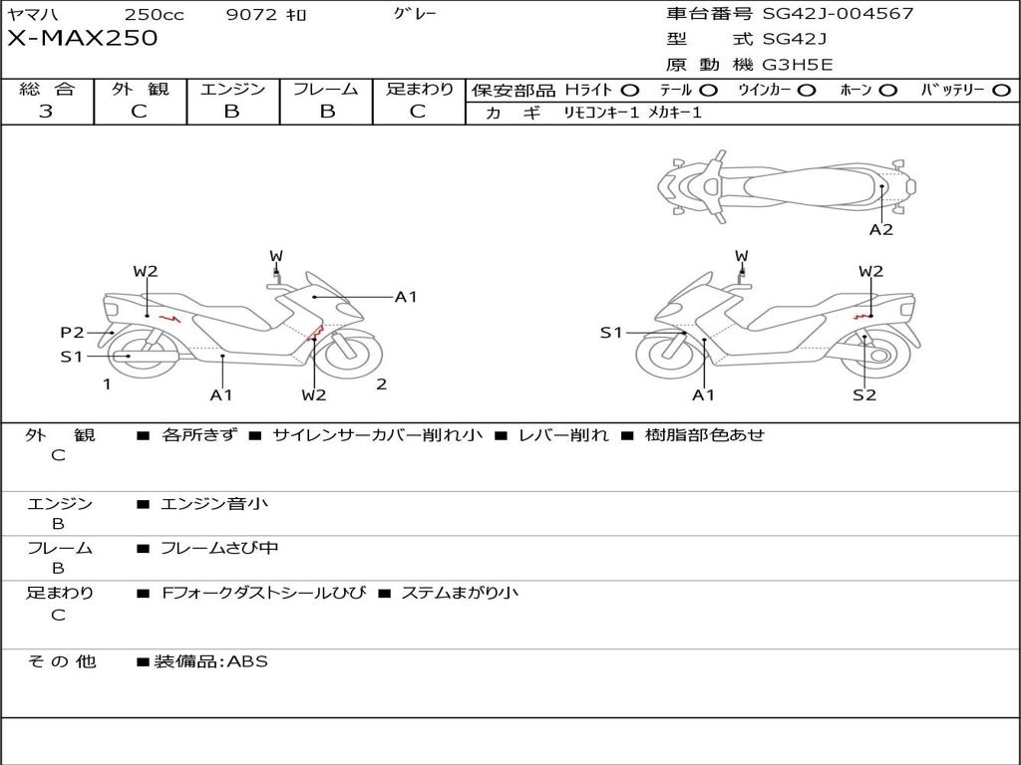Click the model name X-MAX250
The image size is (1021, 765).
coord(83,38)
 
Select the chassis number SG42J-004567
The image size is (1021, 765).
coord(838,13)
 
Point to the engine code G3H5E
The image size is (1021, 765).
coord(798,65)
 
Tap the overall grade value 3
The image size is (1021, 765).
coord(46,111)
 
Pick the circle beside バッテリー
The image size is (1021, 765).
coord(1001,91)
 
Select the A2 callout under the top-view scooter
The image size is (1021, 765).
coord(881,230)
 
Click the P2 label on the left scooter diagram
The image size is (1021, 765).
coord(72,333)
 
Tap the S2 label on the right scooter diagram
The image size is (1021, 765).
coord(864,394)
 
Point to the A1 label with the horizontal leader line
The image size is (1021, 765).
coord(406,297)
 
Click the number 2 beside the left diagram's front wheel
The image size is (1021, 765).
coord(382,383)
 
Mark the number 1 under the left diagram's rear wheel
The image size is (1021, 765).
coord(107,384)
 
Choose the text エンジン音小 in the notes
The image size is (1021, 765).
coord(214,503)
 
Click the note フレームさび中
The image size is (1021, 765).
coord(219,549)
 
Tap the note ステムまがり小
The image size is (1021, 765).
coord(460,593)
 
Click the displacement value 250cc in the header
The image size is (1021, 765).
coord(155,14)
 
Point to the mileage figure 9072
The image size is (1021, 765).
coord(252,14)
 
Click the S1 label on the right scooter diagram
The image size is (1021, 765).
coord(611,333)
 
